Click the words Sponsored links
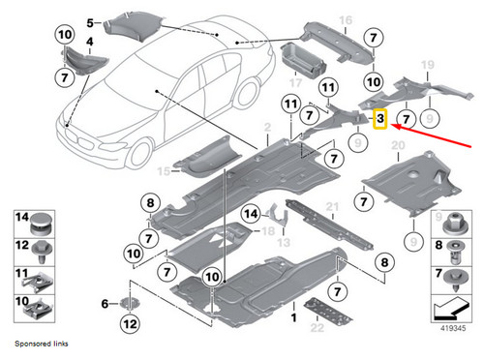tap(41, 344)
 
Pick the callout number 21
tap(331, 207)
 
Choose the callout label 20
tap(396, 145)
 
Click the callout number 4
tap(90, 43)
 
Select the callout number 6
tap(105, 303)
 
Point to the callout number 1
tap(292, 317)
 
